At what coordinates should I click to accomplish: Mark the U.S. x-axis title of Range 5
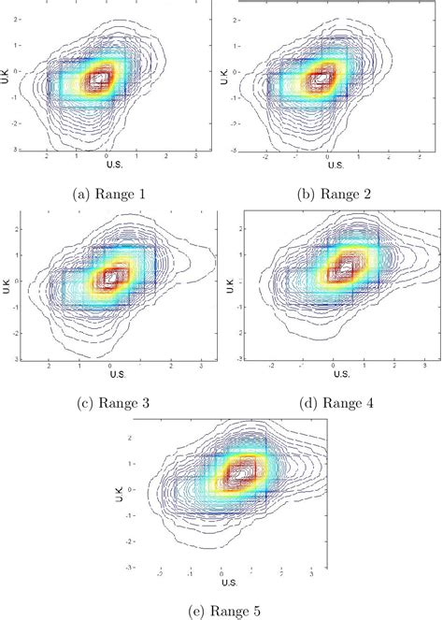pyautogui.click(x=230, y=583)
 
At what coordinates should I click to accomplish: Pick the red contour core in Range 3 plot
pyautogui.click(x=111, y=278)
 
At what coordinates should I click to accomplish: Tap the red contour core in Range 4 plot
pyautogui.click(x=343, y=269)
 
